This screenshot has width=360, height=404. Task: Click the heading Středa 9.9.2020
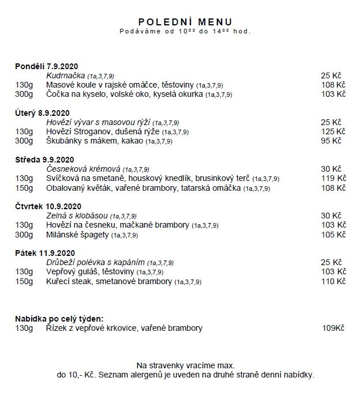[x=44, y=160]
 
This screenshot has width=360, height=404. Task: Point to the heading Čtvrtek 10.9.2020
[x=48, y=206]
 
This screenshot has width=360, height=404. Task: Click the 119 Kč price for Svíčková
[x=333, y=178]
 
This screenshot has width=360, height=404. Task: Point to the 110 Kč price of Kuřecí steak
[x=333, y=281]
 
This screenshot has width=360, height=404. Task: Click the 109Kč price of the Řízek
[x=333, y=328]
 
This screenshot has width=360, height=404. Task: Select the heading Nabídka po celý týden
[x=59, y=318]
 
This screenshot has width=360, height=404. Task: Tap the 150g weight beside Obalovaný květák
[x=24, y=188]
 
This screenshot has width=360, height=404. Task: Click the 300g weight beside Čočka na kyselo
[x=24, y=94]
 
